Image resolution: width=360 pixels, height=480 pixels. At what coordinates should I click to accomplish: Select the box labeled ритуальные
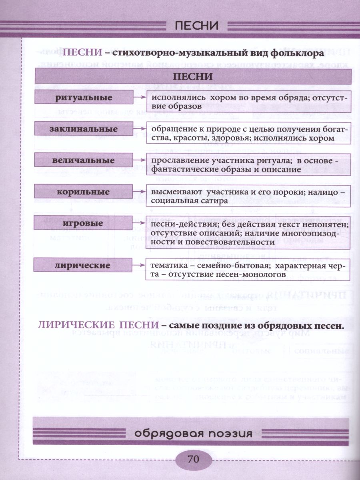(84, 97)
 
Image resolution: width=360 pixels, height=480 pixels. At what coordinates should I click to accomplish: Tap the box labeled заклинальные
(84, 129)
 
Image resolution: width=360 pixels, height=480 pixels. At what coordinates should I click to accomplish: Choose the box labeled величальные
(84, 160)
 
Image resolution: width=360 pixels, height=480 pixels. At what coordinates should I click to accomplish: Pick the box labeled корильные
(84, 192)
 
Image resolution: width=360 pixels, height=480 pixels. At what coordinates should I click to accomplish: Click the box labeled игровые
(84, 223)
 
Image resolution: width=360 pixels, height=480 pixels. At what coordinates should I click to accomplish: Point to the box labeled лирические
(84, 265)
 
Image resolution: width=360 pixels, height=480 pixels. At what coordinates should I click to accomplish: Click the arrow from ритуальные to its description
(139, 97)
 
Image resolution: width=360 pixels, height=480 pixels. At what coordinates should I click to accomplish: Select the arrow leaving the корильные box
(139, 192)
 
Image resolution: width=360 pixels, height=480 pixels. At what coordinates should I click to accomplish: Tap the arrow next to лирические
(139, 265)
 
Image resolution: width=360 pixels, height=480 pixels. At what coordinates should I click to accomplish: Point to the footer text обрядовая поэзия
(193, 434)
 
